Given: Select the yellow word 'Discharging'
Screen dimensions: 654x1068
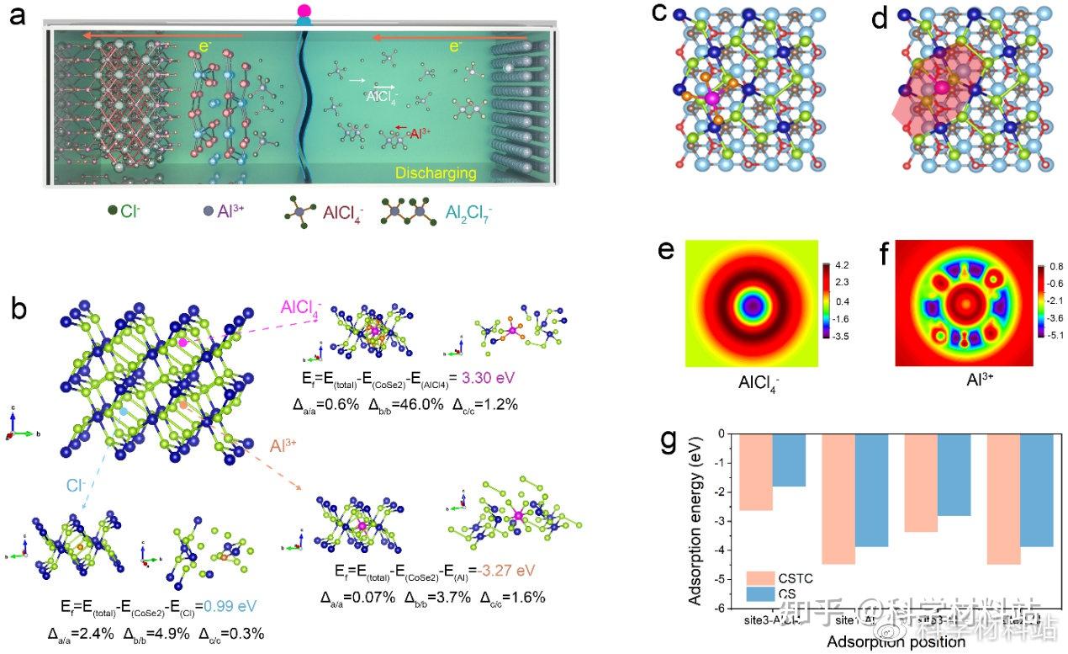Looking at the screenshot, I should tap(436, 173).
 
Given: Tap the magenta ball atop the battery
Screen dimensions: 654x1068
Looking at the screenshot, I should tap(304, 10).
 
